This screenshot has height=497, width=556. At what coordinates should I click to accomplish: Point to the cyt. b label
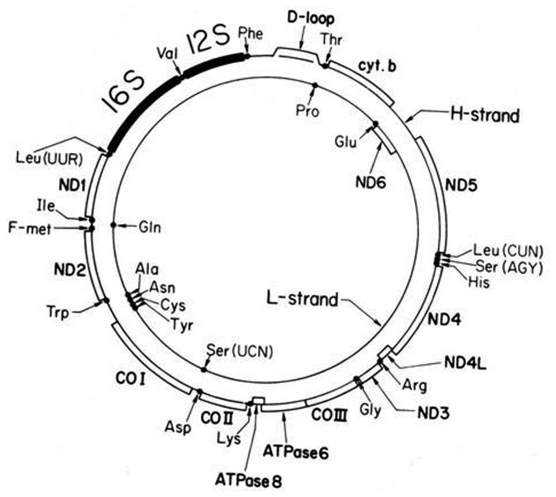coord(377,66)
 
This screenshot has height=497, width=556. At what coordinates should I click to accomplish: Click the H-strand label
coord(484,115)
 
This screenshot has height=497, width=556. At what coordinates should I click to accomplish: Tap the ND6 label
coord(370,182)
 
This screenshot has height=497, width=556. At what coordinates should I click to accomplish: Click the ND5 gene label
coord(461,185)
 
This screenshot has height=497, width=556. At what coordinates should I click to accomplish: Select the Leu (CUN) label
coord(508,251)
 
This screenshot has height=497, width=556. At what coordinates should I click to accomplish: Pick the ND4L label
coord(465,363)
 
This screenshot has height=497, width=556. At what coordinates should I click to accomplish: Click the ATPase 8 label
coord(248,481)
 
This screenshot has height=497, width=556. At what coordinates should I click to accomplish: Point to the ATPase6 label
coord(295,452)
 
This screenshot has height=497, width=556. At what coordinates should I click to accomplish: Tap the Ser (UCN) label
coord(239,351)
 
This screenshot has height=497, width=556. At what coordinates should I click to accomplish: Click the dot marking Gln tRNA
coord(114,225)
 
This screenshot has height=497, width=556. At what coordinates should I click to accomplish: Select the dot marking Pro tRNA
coord(315,85)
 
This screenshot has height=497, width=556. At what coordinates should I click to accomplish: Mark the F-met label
coord(30,228)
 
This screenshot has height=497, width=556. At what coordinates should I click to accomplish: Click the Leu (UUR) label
coord(49,158)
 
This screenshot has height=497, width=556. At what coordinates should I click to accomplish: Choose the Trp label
coord(58,312)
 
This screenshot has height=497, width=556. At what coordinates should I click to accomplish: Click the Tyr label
coord(182,325)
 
